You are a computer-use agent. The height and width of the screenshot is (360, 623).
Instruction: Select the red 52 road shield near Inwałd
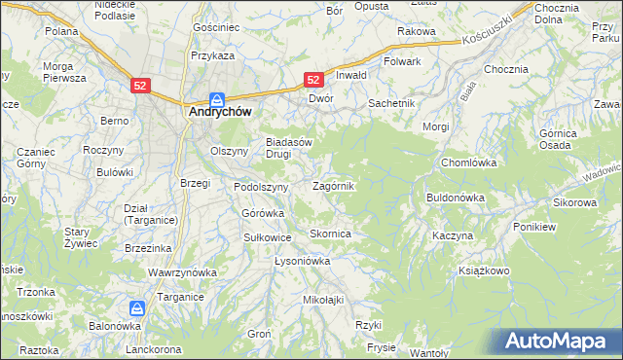(313, 81)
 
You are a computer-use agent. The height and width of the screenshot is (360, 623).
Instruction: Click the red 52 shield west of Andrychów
(140, 87)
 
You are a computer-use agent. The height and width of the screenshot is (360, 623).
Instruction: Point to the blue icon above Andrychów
(218, 98)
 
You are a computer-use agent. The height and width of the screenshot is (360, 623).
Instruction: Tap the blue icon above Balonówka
(137, 308)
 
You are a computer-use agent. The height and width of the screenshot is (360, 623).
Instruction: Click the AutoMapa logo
(559, 342)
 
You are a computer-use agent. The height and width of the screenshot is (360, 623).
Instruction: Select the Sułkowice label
(268, 236)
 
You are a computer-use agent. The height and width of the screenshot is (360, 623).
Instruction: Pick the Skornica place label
(330, 234)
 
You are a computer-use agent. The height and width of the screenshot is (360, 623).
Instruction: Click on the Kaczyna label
(453, 236)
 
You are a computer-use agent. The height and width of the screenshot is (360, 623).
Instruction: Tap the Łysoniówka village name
(303, 262)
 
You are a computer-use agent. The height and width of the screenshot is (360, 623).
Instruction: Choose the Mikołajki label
(324, 300)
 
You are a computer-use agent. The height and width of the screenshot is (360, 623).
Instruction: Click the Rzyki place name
(367, 325)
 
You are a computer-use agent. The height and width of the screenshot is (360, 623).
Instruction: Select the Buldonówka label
(455, 198)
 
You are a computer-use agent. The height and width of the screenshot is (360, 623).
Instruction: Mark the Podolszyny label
(260, 187)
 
